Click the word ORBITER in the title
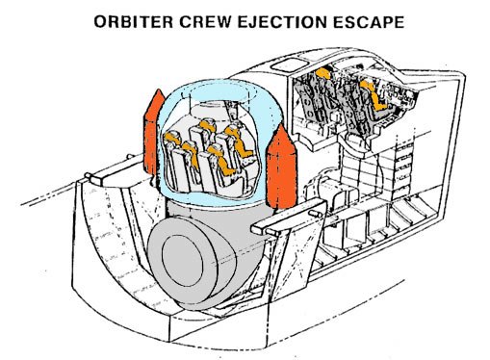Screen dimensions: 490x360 [x=134, y=22]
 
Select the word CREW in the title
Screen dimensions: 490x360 [x=205, y=22]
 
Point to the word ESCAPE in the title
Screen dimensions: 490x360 [x=369, y=22]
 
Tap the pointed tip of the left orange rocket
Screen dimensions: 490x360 [x=158, y=90]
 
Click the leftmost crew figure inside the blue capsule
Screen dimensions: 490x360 [x=172, y=142]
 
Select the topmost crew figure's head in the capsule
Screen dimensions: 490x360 [x=206, y=124]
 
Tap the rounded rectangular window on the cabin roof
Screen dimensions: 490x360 [x=287, y=64]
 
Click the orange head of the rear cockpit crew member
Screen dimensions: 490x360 [x=322, y=73]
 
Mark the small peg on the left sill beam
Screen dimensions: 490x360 [x=89, y=176]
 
